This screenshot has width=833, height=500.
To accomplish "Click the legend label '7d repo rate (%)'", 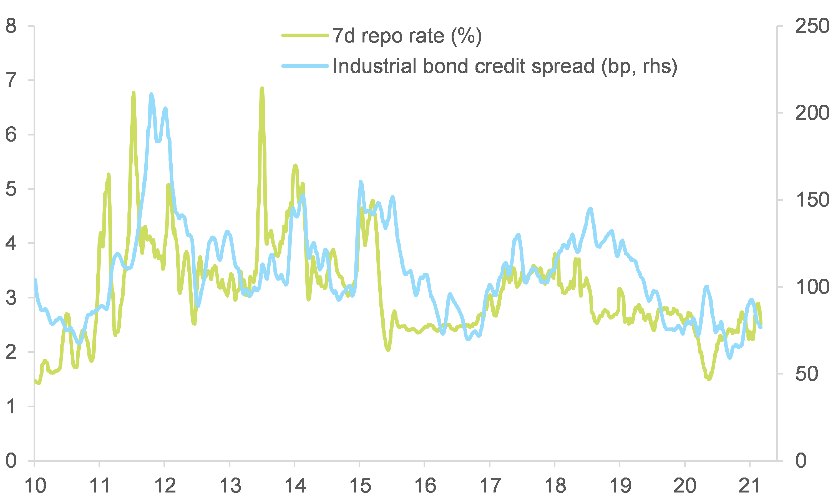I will pos(407,36).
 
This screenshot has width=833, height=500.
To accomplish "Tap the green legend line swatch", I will pos(305,35).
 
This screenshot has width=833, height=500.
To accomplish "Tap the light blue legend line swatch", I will pos(305,66).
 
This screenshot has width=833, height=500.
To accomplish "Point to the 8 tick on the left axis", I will pos(11,26).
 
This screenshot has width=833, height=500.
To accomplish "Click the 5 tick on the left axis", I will pos(11,189).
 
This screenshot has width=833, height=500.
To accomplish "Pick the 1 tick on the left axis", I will pos(11,406).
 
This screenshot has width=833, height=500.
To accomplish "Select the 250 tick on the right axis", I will pos(812,26).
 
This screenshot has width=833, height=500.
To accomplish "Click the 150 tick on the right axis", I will pos(812,200).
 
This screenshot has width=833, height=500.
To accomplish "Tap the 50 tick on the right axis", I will pos(806,374).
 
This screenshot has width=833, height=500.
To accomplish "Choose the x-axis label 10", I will pos(35,486).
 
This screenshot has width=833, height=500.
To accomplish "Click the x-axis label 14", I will pos(295,486).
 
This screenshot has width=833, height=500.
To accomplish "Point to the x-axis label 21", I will pos(750,486).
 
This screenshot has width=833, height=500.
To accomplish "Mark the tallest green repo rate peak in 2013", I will pos(262,89).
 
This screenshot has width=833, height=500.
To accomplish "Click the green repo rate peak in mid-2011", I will pos(134,93).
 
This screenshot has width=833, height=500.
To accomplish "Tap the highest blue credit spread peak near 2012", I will pos(151,95).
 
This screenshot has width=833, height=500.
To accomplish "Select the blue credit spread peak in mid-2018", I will pos(590,209).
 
